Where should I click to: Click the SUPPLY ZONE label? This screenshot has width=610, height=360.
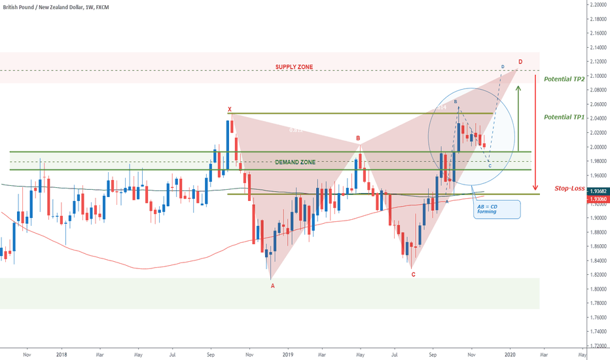pos(294,67)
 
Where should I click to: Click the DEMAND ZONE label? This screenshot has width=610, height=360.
pos(295,162)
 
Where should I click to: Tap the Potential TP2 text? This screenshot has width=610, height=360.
pos(564,78)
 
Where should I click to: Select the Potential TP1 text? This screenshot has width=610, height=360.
pos(564,117)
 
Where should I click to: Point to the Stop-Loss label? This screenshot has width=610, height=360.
pos(569,188)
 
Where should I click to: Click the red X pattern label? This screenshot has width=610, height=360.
pos(230,109)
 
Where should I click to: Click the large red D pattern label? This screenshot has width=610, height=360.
pos(520,62)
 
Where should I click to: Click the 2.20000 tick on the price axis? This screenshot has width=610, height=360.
pos(596,5)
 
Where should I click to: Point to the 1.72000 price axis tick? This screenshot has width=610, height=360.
pos(596,346)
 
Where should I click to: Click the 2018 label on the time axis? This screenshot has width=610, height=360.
pos(62,354)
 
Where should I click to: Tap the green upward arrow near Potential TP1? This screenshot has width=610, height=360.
pos(518,118)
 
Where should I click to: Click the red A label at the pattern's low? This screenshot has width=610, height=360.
pos(273,285)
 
